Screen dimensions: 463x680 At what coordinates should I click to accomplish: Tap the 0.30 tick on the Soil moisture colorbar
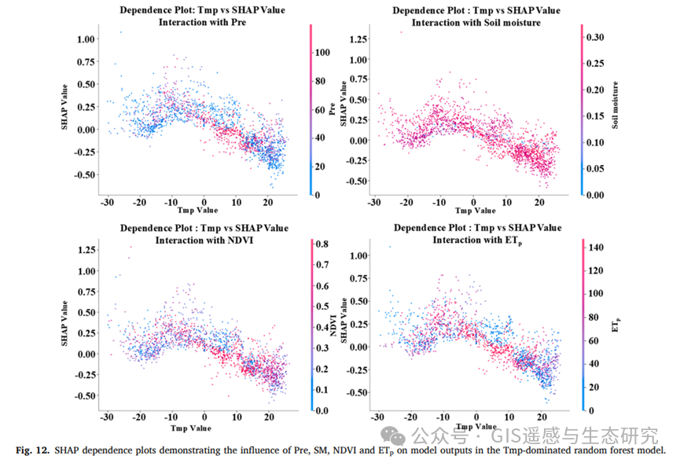[595, 36]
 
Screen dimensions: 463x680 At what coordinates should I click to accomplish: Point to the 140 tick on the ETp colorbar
[596, 247]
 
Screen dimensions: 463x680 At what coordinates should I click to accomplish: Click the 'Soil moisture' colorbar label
[619, 106]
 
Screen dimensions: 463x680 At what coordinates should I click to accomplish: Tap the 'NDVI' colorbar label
[344, 325]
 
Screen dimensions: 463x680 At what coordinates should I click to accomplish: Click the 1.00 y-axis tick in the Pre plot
[84, 39]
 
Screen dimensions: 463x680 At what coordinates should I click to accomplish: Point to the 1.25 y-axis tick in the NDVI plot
[84, 250]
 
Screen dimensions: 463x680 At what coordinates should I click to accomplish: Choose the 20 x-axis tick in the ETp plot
[540, 416]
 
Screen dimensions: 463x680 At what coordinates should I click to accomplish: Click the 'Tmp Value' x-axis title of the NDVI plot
[191, 428]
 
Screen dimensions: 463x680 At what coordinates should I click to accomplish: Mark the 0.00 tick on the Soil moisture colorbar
[595, 194]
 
